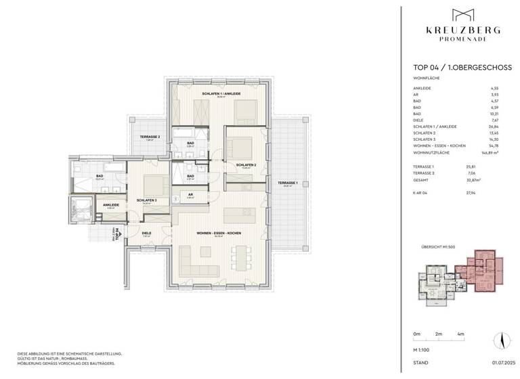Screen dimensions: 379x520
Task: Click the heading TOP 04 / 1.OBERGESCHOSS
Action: pos(452,68)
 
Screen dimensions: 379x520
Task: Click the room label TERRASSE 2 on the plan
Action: pos(150,137)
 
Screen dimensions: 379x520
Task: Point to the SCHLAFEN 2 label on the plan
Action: pos(246,164)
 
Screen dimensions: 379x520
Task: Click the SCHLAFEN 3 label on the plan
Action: pos(147,200)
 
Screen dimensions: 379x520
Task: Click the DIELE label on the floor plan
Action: pos(146,233)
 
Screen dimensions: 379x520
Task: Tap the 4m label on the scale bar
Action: pos(460,334)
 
